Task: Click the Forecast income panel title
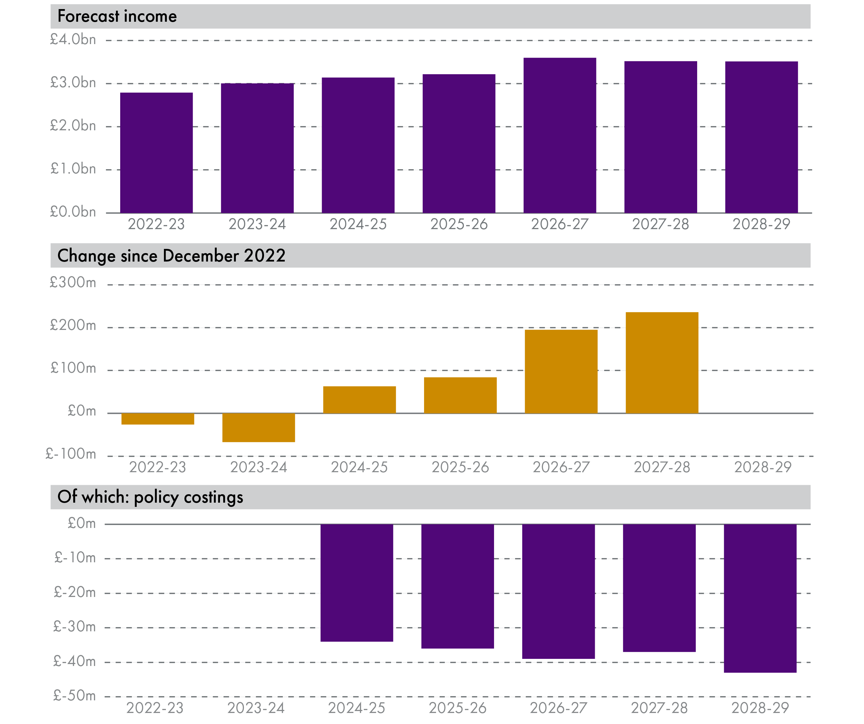pyautogui.click(x=117, y=17)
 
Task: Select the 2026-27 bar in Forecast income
pyautogui.click(x=559, y=135)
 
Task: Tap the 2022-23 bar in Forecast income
pyautogui.click(x=156, y=153)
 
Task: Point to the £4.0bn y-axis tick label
pyautogui.click(x=73, y=40)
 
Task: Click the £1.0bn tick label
pyautogui.click(x=73, y=169)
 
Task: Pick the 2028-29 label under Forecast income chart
pyautogui.click(x=761, y=224)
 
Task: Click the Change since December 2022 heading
pyautogui.click(x=171, y=256)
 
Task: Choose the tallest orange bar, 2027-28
pyautogui.click(x=662, y=363)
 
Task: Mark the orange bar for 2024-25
pyautogui.click(x=359, y=400)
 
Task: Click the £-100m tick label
pyautogui.click(x=71, y=454)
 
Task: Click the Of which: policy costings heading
pyautogui.click(x=150, y=497)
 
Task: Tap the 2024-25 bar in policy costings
pyautogui.click(x=357, y=583)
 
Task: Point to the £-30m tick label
pyautogui.click(x=75, y=627)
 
